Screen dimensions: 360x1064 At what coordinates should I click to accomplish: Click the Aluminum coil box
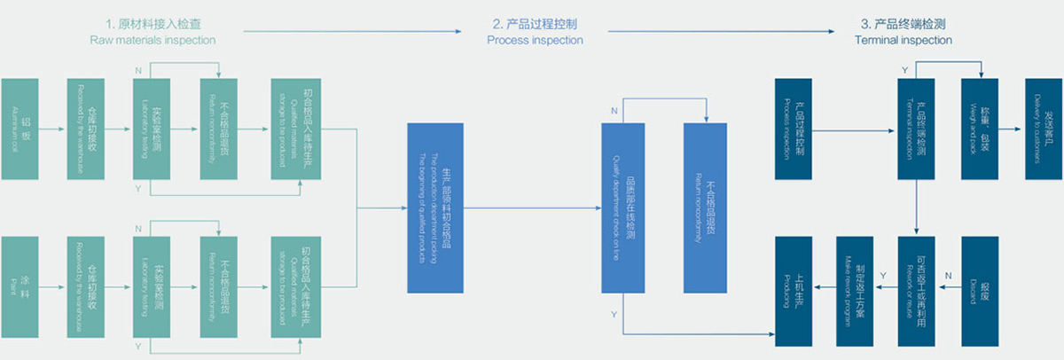tap(27, 129)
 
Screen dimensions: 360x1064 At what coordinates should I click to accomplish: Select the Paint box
tap(27, 287)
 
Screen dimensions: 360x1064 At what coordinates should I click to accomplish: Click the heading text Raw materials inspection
tap(153, 41)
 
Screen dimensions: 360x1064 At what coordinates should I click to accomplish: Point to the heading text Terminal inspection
tap(903, 41)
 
